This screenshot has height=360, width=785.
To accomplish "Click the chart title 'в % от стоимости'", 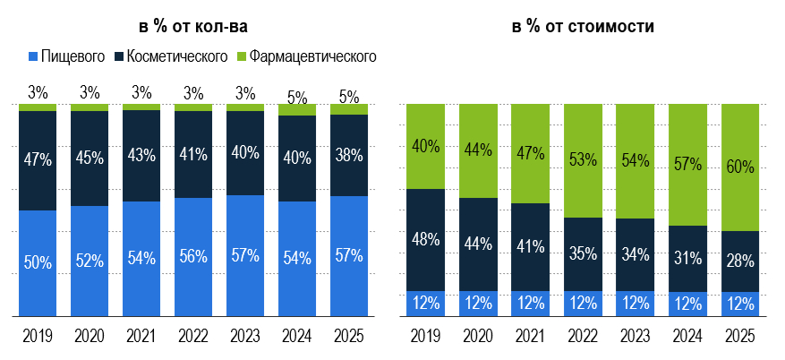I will pyautogui.click(x=583, y=26).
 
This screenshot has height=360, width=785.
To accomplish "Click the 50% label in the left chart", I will pyautogui.click(x=38, y=262).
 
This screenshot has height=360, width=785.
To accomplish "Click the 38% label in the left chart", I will pyautogui.click(x=349, y=154).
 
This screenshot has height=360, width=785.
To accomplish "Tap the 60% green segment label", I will pyautogui.click(x=739, y=167).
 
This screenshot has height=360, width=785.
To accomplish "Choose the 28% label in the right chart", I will pyautogui.click(x=739, y=261).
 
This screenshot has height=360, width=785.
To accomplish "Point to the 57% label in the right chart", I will pyautogui.click(x=687, y=164).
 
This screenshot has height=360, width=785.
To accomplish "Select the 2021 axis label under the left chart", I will pyautogui.click(x=141, y=338).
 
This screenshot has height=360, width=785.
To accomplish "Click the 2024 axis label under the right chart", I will pyautogui.click(x=687, y=338).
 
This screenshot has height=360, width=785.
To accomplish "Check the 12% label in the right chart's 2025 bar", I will pyautogui.click(x=739, y=304).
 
